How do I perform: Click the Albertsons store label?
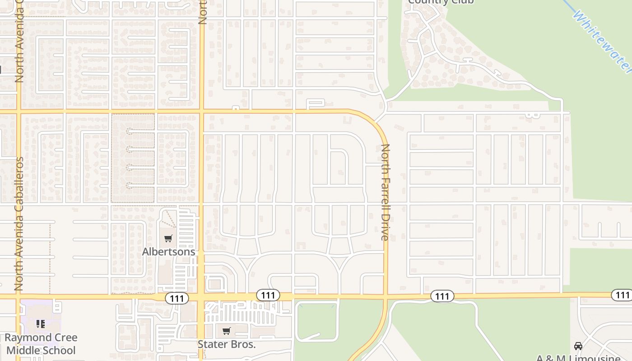(x=168, y=251)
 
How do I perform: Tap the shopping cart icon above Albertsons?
(x=168, y=238)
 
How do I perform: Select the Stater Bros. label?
(x=227, y=344)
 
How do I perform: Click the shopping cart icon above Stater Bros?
(x=227, y=331)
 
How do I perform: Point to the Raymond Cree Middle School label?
(x=41, y=344)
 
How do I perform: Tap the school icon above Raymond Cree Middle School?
(x=41, y=324)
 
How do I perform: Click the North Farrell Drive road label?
(x=385, y=192)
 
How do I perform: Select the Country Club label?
(x=441, y=2)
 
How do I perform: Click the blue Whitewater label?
(x=603, y=41)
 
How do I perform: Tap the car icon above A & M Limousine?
(x=578, y=346)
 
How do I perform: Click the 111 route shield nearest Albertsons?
(x=177, y=298)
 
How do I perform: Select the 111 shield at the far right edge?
(x=622, y=295)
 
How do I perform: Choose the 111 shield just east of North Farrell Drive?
(x=442, y=296)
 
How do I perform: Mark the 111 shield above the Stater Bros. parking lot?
(x=268, y=295)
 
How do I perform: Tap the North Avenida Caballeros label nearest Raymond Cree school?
(x=19, y=223)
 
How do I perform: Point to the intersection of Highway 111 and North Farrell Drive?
(x=386, y=296)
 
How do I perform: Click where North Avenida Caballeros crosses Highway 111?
(x=18, y=296)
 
